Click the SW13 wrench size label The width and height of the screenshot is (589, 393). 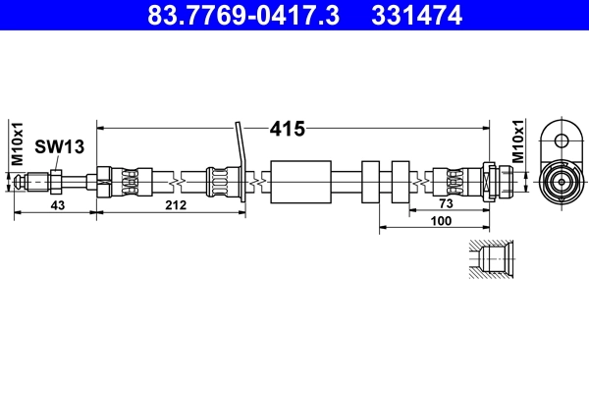tap(60, 147)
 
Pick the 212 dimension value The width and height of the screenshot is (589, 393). tap(176, 204)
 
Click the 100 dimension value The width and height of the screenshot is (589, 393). tap(440, 222)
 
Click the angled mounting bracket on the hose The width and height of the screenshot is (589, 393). tap(240, 162)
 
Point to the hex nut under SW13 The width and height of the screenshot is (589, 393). tap(57, 181)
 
